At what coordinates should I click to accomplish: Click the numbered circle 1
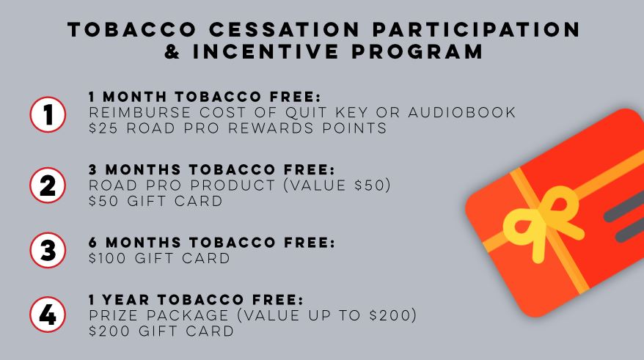tap(48, 114)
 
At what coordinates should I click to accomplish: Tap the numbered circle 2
tap(48, 185)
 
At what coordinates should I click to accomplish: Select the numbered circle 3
tap(48, 250)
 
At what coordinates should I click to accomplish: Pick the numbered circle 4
tap(48, 315)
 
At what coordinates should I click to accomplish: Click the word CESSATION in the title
tap(285, 29)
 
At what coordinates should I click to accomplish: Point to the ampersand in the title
tap(172, 52)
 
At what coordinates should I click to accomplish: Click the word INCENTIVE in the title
tap(266, 52)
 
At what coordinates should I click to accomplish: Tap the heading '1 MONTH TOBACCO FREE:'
tap(205, 97)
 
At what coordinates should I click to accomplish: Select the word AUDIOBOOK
tap(461, 112)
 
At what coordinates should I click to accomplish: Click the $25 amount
tap(103, 128)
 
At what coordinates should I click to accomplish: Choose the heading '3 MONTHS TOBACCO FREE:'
tap(212, 169)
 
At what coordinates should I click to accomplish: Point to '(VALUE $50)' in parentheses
tap(337, 185)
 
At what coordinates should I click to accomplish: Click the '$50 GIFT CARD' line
tap(155, 201)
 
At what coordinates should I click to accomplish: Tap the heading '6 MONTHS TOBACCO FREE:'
tap(212, 243)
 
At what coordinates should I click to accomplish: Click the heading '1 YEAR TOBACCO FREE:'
tap(196, 300)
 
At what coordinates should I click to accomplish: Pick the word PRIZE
tap(114, 315)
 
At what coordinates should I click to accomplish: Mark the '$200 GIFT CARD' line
tap(161, 331)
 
